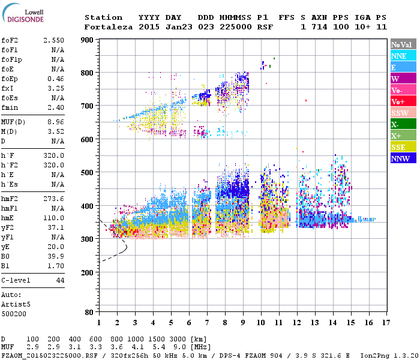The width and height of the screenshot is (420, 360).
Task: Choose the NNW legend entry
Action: point(401,158)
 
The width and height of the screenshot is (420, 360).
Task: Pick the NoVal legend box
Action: point(401,44)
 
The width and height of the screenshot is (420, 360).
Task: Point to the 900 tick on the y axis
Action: point(88,40)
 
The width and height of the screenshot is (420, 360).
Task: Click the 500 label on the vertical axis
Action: point(88,173)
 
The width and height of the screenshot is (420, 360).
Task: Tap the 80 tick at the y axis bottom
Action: point(90,313)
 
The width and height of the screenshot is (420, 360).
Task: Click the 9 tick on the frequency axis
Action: point(242,323)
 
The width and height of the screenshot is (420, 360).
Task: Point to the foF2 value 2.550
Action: point(53,40)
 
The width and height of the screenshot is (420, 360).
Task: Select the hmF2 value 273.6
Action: point(53,199)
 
